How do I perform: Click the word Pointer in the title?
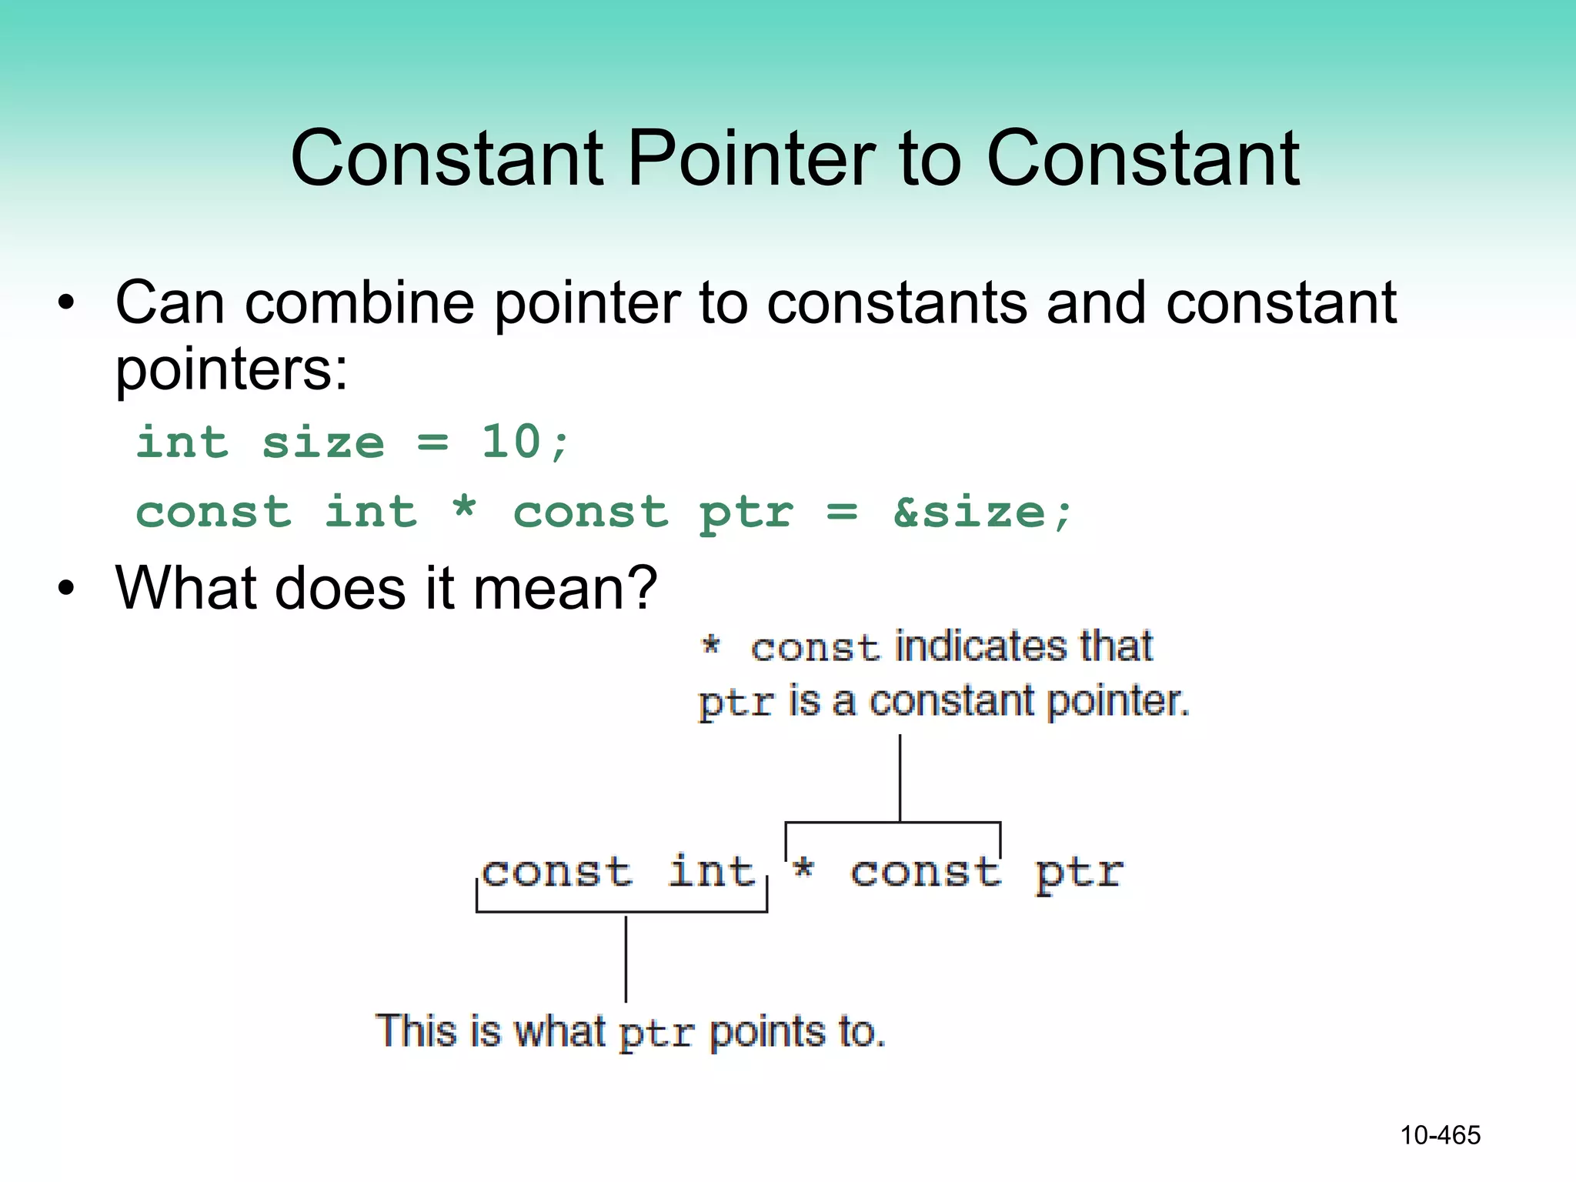[x=751, y=159]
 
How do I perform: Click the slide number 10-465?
[x=1440, y=1135]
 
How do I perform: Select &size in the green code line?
[x=969, y=513]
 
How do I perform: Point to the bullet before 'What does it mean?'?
[x=67, y=589]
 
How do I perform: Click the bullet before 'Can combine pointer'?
[x=67, y=303]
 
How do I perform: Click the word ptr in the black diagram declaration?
[x=1079, y=874]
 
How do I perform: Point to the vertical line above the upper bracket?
[x=900, y=777]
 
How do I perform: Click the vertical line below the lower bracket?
[x=626, y=958]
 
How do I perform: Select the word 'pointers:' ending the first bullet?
[x=231, y=370]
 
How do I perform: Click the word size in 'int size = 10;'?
[x=322, y=443]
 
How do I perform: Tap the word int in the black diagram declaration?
[x=711, y=872]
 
